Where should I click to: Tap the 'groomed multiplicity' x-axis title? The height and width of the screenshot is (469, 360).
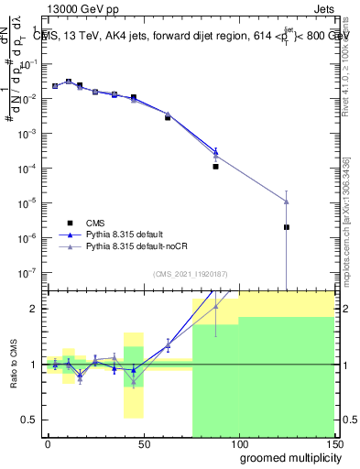point(286,457)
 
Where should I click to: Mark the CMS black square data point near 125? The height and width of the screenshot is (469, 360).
point(287,227)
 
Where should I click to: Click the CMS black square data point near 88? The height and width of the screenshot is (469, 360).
point(215,167)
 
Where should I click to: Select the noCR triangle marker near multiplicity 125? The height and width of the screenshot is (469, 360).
point(287,202)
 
